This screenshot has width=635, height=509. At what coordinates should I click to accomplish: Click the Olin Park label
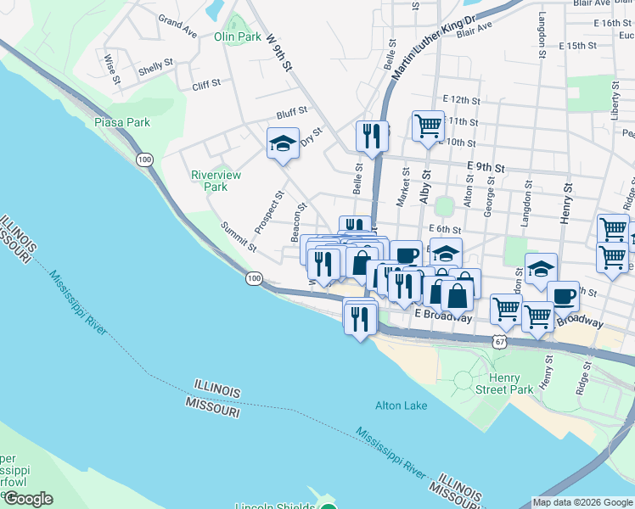coord(238,36)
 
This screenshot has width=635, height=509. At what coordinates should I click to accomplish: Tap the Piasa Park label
coord(122,122)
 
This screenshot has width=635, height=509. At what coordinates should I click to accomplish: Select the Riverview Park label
coord(216,181)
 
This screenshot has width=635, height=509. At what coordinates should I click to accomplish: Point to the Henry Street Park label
coord(511,383)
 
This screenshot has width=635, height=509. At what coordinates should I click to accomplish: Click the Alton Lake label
coord(402,406)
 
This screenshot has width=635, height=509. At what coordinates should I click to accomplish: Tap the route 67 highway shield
coord(500,339)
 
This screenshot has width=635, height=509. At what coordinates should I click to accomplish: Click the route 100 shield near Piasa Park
coord(144,159)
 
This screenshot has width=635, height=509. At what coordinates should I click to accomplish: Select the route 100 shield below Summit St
coord(254,278)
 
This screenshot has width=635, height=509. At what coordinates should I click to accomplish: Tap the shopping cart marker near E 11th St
coord(428,126)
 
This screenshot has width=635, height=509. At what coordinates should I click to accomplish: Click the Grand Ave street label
coord(177,26)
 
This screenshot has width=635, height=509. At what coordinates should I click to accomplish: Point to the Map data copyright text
coord(582,502)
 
